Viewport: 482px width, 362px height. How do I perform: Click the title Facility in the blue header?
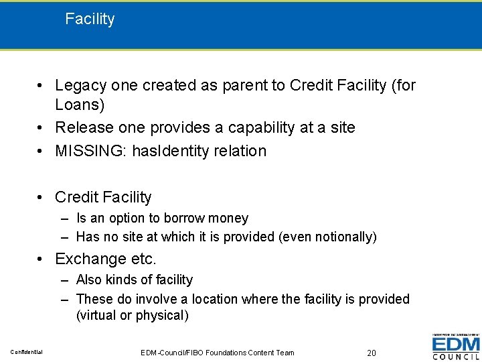click(x=90, y=19)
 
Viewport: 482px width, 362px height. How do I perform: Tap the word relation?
click(x=241, y=151)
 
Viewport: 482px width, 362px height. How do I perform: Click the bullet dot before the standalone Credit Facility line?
click(x=42, y=198)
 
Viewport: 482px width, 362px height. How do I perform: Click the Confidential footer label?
click(x=26, y=353)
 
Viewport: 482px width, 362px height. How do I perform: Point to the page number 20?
click(x=373, y=353)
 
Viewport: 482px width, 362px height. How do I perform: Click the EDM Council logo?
click(x=455, y=347)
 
